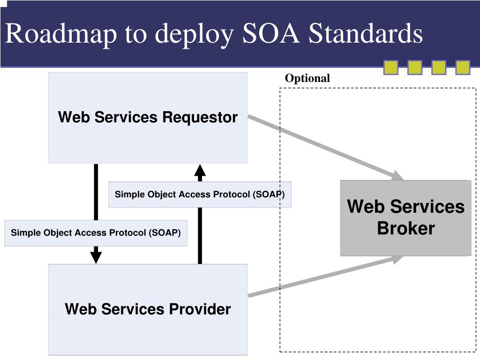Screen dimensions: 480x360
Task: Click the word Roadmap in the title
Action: coord(61,34)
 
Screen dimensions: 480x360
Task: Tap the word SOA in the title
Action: coord(270,33)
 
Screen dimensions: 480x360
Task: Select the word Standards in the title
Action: coord(366,33)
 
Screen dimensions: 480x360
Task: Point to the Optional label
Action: coord(307,78)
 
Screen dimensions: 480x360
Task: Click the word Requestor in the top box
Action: coord(200,117)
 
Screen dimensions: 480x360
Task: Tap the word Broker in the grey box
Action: coord(406,228)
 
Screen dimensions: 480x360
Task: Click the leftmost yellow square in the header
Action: coord(391,67)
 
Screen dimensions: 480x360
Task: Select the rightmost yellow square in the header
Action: coord(463,67)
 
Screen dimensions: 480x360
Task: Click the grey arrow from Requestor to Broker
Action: coord(326,148)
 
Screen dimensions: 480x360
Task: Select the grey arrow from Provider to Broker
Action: coord(326,276)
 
